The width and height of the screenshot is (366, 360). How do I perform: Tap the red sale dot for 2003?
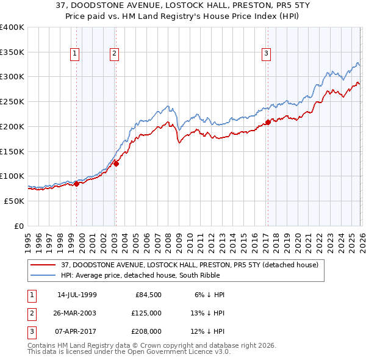click(x=116, y=164)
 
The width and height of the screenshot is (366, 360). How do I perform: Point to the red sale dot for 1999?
click(x=77, y=184)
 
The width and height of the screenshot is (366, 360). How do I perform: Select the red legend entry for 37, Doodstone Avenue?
click(x=189, y=265)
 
